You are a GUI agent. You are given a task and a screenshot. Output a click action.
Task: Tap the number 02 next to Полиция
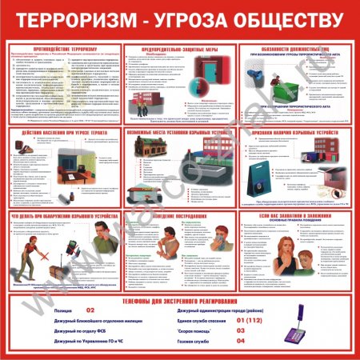click(x=90, y=310)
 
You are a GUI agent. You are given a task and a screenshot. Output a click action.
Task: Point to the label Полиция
click(x=42, y=310)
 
